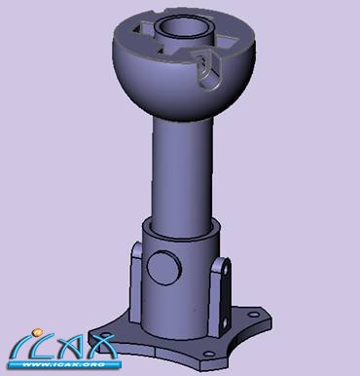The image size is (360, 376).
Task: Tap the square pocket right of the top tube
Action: point(226,43)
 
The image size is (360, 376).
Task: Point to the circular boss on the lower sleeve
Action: point(164,269)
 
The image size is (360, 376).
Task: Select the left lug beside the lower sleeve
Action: point(136,282)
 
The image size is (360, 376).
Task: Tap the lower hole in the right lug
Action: point(224,323)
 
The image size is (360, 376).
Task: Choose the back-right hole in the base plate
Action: point(254,315)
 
